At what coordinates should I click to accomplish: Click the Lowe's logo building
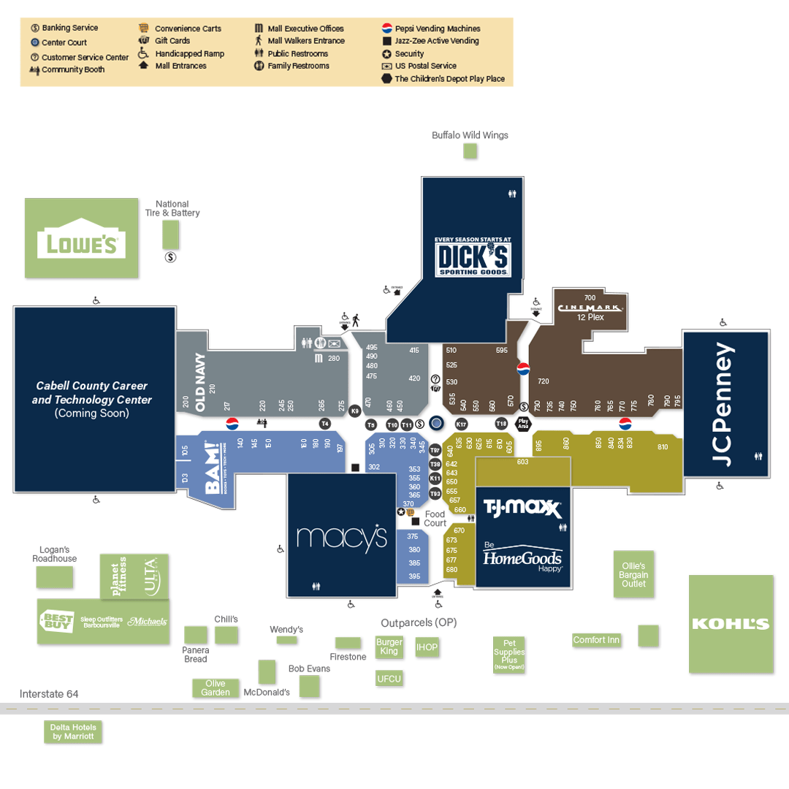[x=81, y=237]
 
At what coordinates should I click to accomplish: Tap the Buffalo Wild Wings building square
[x=470, y=151]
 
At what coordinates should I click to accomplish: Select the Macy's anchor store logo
[x=341, y=538]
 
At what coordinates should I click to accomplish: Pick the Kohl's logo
[x=731, y=624]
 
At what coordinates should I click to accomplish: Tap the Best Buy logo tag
[x=57, y=621]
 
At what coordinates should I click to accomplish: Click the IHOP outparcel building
[x=427, y=647]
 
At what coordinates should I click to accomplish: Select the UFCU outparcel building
[x=389, y=679]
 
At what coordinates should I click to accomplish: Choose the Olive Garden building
[x=216, y=688]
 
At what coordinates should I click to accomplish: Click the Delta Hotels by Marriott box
[x=73, y=732]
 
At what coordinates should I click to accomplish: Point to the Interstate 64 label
[x=49, y=694]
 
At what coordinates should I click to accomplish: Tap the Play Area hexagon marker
[x=523, y=423]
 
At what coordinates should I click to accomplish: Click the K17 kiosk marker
[x=462, y=424]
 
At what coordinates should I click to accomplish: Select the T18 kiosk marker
[x=501, y=424]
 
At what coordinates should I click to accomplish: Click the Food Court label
[x=435, y=518]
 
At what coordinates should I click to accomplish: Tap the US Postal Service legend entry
[x=425, y=66]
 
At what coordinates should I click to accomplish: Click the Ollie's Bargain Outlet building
[x=633, y=574]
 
